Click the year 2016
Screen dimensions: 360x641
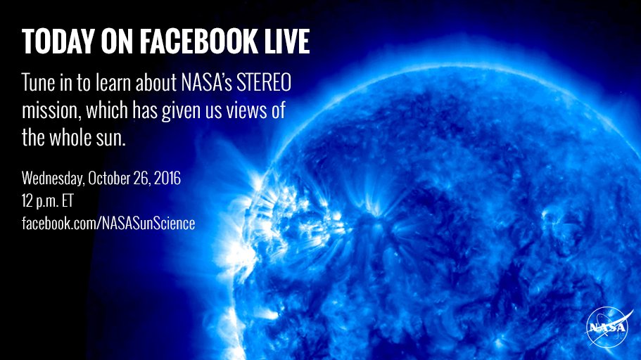[x=167, y=179]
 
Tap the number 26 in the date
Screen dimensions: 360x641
[x=141, y=179]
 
